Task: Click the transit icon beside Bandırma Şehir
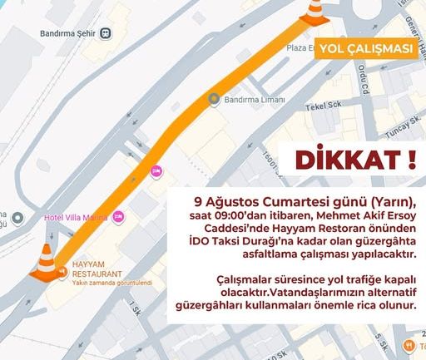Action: [x=109, y=36]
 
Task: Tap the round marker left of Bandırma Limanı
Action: [x=214, y=100]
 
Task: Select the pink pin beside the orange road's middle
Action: [x=156, y=171]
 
